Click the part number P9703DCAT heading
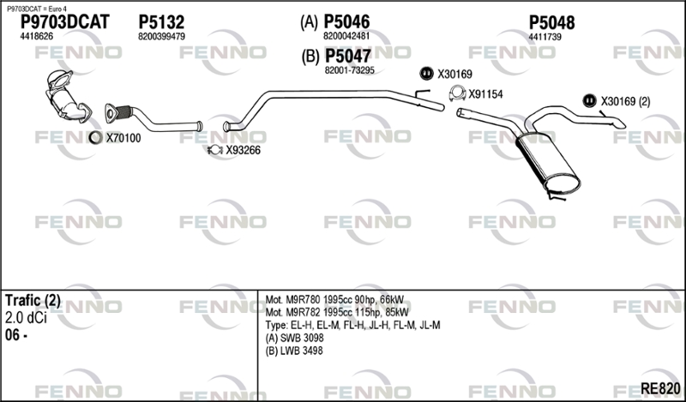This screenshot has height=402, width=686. pyautogui.click(x=65, y=22)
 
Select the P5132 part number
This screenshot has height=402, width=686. pyautogui.click(x=161, y=22)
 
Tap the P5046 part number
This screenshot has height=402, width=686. pyautogui.click(x=346, y=21)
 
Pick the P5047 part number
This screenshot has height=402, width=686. pyautogui.click(x=348, y=56)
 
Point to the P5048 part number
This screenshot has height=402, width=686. pyautogui.click(x=551, y=22)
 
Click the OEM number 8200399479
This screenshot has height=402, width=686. pyautogui.click(x=161, y=37)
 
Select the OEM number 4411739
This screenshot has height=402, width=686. pyautogui.click(x=545, y=37)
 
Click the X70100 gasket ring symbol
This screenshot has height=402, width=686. pyautogui.click(x=95, y=138)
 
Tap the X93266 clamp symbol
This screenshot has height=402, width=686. pyautogui.click(x=215, y=150)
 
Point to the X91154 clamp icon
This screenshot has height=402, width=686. pyautogui.click(x=457, y=93)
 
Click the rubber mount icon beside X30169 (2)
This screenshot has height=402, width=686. pyautogui.click(x=589, y=101)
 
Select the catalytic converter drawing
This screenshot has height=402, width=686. pyautogui.click(x=67, y=95)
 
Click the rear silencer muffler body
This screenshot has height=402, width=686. pyautogui.click(x=548, y=164)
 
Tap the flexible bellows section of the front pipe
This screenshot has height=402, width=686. pyautogui.click(x=124, y=112)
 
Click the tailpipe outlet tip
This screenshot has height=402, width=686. pyautogui.click(x=620, y=124)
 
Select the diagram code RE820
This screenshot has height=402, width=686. pyautogui.click(x=660, y=388)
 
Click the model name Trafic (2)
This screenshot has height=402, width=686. pyautogui.click(x=33, y=300)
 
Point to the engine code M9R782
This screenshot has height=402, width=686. pyautogui.click(x=304, y=312)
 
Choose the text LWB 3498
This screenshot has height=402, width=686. pyautogui.click(x=302, y=351)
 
